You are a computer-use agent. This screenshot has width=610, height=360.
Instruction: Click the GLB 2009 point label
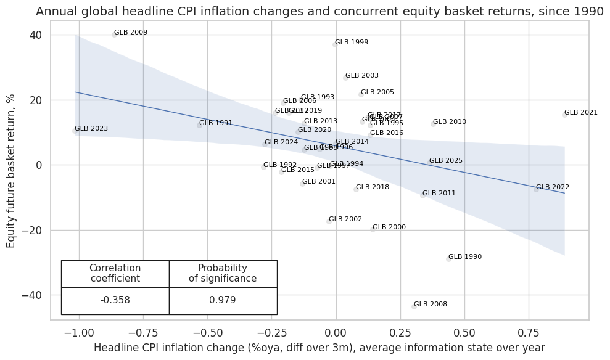point(131,33)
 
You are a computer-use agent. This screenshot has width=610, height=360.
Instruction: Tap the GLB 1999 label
point(352,43)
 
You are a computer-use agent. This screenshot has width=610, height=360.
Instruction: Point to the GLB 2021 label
point(581,113)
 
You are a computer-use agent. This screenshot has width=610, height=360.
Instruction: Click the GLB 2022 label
point(553,187)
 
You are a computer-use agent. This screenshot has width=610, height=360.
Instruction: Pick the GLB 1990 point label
point(465,257)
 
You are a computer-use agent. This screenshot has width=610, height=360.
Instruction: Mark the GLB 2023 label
point(91,129)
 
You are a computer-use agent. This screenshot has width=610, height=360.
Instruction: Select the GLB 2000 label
point(389,227)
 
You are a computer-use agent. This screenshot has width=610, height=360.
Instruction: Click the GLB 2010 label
point(450,122)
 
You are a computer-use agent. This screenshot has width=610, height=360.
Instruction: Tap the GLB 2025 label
point(446,161)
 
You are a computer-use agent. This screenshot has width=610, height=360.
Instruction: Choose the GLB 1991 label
point(216,123)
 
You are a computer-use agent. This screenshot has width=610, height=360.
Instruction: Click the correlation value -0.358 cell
point(115,300)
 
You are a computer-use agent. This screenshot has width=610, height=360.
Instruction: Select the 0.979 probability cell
point(223,300)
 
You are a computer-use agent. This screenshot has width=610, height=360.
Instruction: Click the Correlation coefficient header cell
point(115,273)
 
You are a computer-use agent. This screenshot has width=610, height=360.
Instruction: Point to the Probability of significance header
point(223,273)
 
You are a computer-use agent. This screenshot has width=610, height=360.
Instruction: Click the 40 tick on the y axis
point(36,35)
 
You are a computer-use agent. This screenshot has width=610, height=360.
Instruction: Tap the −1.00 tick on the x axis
point(79,332)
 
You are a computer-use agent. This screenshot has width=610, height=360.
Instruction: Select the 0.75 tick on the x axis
point(528,332)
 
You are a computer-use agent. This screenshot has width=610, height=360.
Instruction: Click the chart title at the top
point(319,11)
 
